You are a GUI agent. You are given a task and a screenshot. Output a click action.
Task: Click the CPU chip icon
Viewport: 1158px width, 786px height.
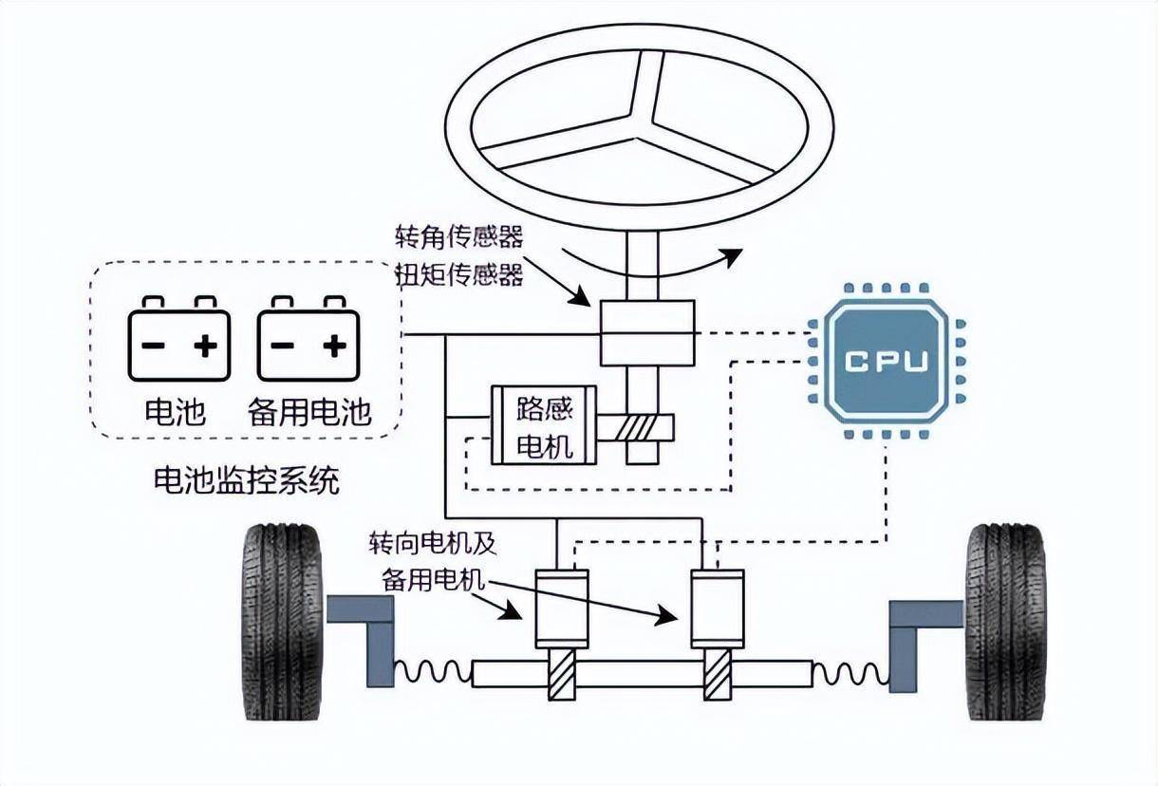(885, 364)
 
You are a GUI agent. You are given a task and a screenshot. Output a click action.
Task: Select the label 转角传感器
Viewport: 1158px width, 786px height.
(459, 235)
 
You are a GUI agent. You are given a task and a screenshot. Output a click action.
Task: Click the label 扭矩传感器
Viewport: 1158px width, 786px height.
(459, 275)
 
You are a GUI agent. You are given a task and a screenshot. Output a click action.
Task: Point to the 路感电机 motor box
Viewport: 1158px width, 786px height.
(543, 425)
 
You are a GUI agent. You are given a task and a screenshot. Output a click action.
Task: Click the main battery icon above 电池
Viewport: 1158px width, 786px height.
(179, 339)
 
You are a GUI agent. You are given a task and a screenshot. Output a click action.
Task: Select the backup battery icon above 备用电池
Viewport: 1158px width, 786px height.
(308, 339)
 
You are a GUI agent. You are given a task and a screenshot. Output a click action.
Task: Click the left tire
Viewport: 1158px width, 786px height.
(282, 621)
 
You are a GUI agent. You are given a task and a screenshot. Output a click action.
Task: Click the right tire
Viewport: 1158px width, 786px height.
(1006, 621)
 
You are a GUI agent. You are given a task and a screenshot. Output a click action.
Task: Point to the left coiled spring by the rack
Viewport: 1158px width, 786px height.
(432, 672)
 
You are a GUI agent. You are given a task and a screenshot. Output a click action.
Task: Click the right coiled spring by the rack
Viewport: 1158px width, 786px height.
(850, 672)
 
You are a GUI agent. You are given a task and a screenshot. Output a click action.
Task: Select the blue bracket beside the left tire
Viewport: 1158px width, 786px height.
(365, 631)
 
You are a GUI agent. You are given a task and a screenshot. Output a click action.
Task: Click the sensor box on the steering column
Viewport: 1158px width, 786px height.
(646, 333)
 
